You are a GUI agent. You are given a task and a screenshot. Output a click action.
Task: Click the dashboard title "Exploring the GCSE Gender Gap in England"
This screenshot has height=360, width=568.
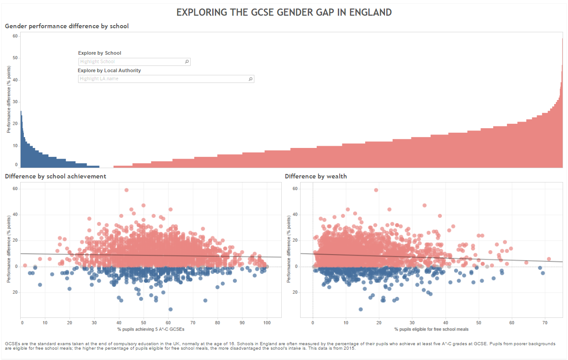[x=284, y=12]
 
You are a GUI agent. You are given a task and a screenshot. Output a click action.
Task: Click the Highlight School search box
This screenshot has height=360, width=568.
[x=131, y=62]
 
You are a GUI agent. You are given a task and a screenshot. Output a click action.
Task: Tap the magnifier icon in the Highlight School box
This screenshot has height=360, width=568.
[x=187, y=62]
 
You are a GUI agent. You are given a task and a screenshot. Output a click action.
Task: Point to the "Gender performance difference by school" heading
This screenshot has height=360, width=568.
[x=67, y=26]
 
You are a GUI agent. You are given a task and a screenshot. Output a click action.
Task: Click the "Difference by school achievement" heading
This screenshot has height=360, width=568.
[x=56, y=176]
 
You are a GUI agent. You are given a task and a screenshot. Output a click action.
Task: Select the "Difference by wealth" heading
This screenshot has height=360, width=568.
[x=316, y=176]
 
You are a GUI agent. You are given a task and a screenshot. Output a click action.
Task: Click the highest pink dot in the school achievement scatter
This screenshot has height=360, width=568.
[x=127, y=190]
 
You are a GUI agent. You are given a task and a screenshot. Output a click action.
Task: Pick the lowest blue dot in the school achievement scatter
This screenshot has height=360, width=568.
[x=170, y=309]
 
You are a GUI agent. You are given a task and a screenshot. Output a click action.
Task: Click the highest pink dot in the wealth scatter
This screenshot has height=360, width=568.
[x=376, y=190]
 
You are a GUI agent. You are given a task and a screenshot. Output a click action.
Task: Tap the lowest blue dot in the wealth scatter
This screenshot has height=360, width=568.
[x=361, y=309]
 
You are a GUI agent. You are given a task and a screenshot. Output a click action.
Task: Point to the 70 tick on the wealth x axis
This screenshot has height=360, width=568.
[x=545, y=322]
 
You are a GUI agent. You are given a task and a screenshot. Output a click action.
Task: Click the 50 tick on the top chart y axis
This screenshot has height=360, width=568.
[x=15, y=58]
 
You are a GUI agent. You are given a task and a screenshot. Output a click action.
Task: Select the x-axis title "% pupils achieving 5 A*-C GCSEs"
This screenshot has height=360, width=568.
[x=151, y=330]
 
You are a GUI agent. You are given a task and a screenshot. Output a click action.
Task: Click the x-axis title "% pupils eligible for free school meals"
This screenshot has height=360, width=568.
[x=432, y=330]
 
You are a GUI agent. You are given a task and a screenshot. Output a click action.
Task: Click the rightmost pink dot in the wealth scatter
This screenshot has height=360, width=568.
[x=549, y=259]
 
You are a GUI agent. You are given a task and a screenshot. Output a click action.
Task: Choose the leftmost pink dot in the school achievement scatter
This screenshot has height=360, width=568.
[x=25, y=265]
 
